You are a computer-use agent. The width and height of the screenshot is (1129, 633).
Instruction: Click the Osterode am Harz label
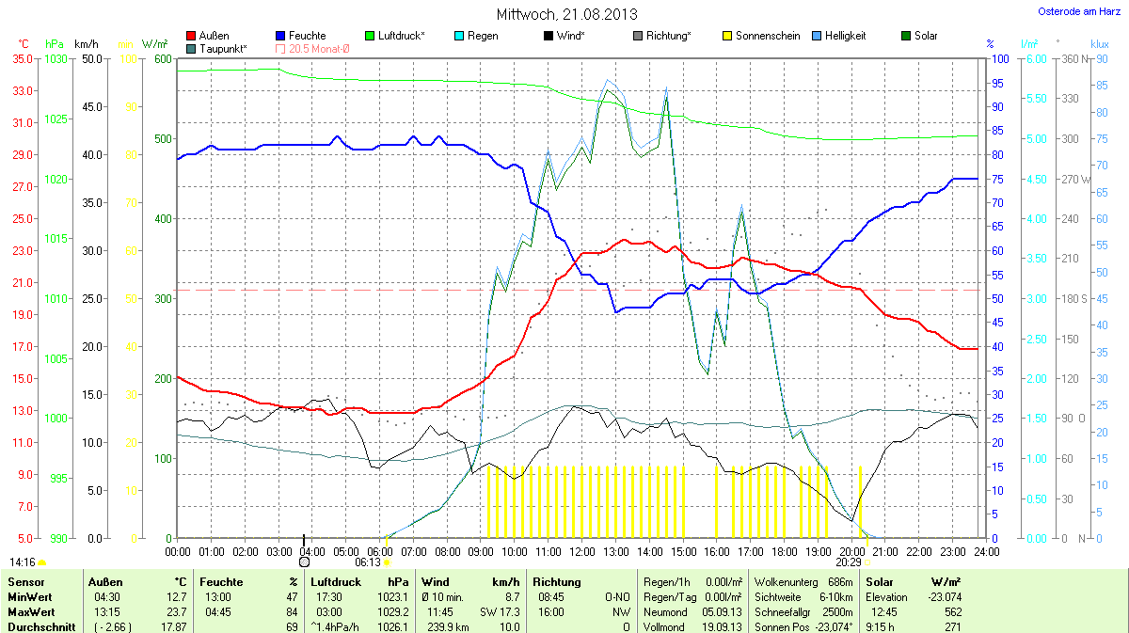[x=1073, y=11]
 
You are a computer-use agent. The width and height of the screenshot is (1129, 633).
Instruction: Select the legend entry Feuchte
[x=301, y=36]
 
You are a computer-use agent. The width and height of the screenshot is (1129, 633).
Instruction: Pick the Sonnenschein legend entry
[x=762, y=36]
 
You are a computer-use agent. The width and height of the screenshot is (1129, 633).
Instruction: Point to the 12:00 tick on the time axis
[x=582, y=551]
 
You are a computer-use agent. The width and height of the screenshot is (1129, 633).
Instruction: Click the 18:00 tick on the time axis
[x=785, y=551]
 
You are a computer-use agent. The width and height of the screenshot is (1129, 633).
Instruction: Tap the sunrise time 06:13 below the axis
[x=368, y=562]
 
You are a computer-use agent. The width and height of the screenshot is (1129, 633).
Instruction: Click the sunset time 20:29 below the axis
[x=848, y=562]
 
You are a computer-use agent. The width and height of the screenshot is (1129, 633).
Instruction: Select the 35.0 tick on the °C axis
[x=24, y=58]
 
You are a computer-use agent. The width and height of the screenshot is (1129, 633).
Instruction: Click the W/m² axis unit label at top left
[x=154, y=44]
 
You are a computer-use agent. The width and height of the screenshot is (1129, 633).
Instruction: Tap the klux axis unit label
[x=1099, y=44]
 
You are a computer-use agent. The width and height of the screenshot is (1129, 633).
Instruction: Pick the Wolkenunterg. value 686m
[x=841, y=582]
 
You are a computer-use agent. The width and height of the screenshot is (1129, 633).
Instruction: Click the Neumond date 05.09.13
[x=724, y=611]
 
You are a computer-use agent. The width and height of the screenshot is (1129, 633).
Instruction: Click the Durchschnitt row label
[x=40, y=626]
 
